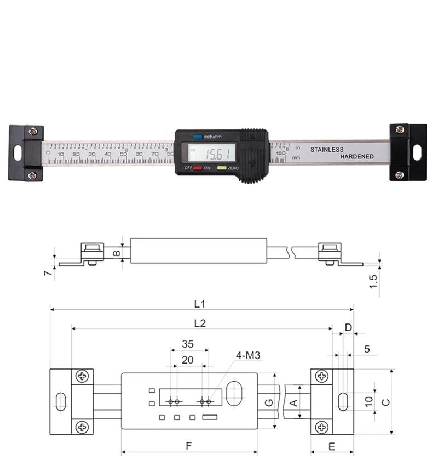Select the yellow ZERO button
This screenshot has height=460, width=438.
click(222, 168)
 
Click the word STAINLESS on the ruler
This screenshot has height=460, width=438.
click(327, 149)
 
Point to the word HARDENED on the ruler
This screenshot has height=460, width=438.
click(357, 157)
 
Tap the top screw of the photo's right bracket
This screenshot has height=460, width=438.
click(400, 129)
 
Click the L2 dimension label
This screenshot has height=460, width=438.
click(199, 323)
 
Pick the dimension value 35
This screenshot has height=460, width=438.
click(188, 344)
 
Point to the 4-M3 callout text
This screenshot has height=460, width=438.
click(247, 356)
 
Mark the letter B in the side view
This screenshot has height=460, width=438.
click(116, 253)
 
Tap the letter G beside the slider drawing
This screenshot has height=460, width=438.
click(268, 402)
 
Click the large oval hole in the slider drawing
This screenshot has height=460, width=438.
click(235, 394)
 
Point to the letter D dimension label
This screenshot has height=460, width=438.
click(348, 327)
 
